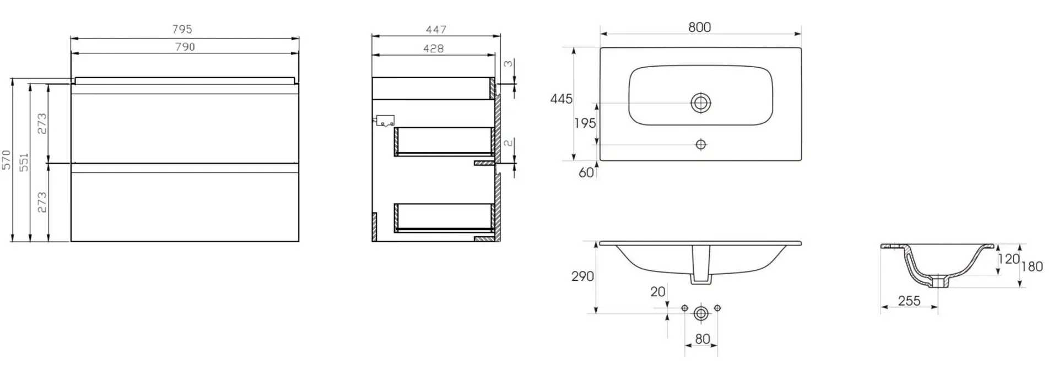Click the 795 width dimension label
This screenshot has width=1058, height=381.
(x=182, y=29)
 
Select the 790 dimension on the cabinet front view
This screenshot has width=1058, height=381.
(x=185, y=47)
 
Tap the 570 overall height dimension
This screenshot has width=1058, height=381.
(x=7, y=160)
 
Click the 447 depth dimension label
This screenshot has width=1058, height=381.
(x=436, y=29)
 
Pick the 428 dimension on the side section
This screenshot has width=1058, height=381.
(x=433, y=48)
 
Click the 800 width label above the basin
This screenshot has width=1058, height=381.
(x=699, y=27)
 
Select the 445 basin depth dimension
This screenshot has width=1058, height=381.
(x=561, y=99)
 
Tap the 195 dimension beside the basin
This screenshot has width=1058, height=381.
(x=585, y=123)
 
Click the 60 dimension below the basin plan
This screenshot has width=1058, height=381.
(x=586, y=172)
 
